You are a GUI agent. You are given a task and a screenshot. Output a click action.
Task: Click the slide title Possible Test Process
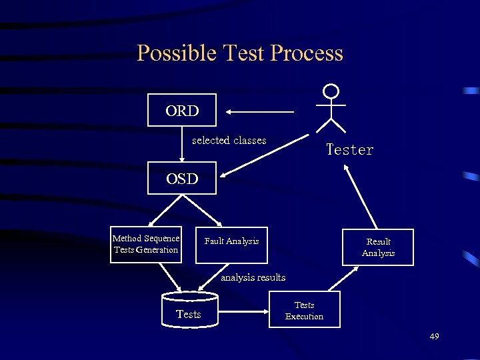pos(239,53)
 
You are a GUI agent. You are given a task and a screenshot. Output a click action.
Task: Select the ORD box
pos(182,111)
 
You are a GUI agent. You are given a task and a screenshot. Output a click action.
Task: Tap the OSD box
pos(182,179)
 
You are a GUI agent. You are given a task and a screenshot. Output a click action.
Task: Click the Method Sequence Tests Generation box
pos(146,245)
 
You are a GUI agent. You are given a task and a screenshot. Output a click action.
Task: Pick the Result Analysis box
pos(378,247)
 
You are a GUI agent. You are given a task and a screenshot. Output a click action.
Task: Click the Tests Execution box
pos(304,310)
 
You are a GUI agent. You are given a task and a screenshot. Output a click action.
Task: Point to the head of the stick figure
pos(331,91)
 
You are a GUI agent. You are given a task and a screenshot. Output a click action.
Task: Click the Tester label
pos(349,150)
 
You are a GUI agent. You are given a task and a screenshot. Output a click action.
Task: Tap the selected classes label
pos(229,141)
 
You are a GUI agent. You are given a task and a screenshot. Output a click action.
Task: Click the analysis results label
pos(253,277)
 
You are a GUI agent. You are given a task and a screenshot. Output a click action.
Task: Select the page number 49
pos(434,337)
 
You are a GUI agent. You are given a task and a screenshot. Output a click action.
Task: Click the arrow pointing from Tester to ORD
pos(260,111)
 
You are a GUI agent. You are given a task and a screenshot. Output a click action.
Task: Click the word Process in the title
pos(309,53)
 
